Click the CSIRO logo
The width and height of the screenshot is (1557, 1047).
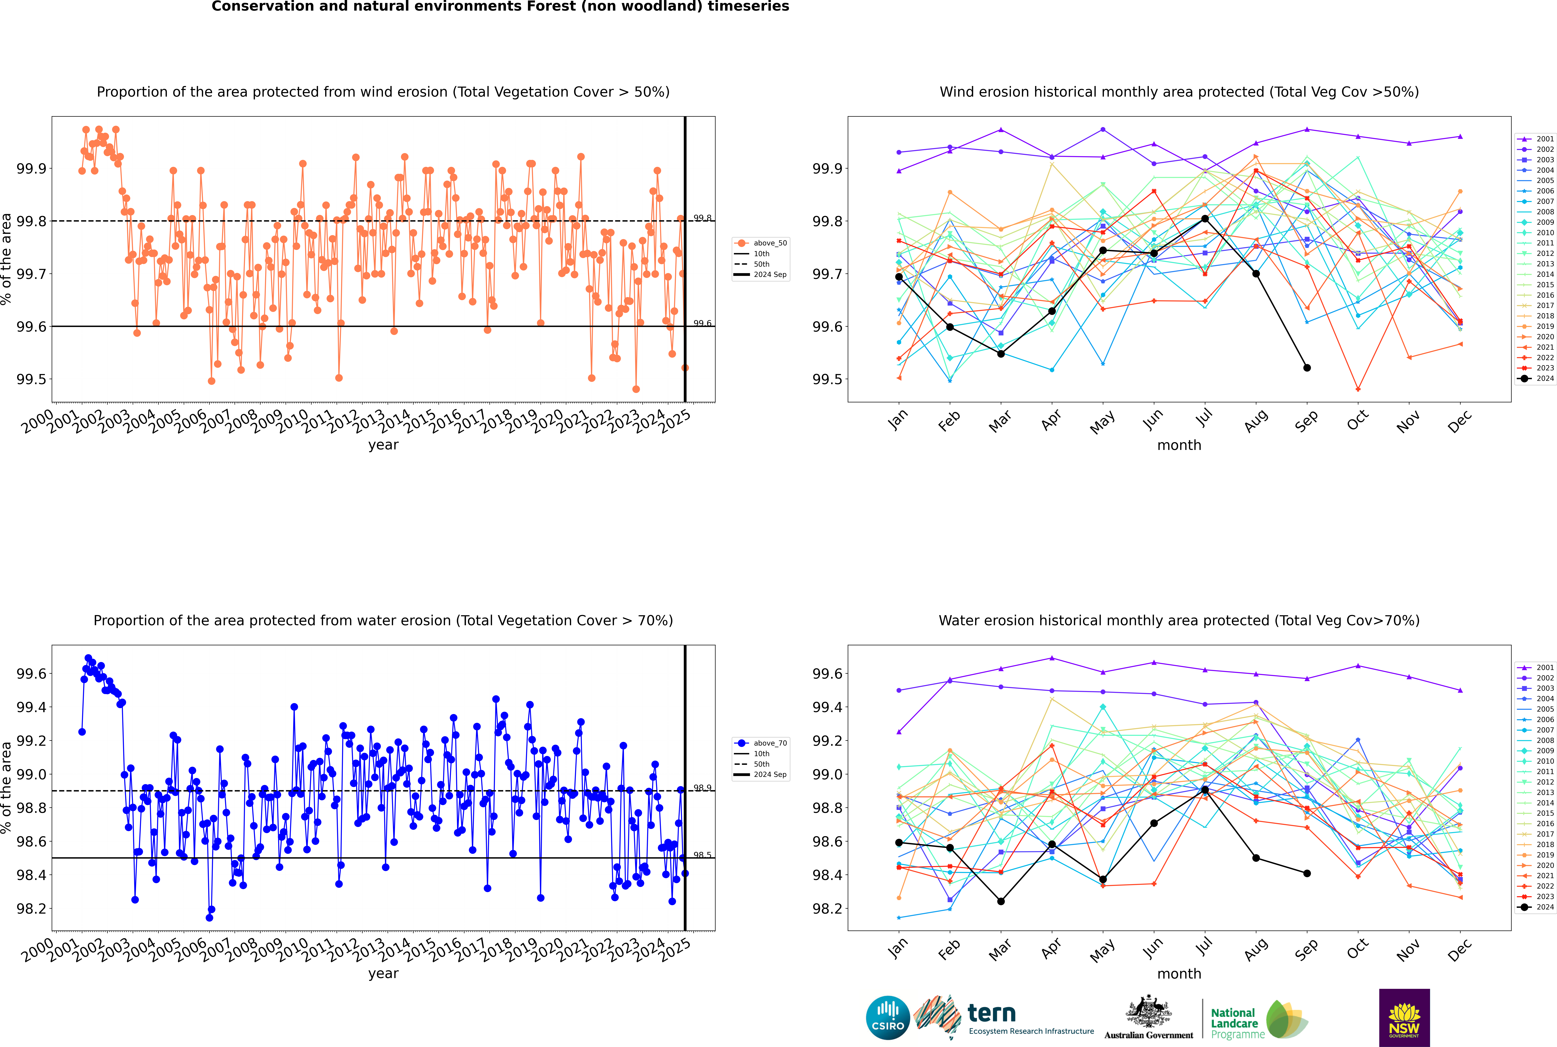[x=888, y=1018]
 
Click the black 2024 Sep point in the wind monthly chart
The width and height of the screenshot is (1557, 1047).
[x=1307, y=368]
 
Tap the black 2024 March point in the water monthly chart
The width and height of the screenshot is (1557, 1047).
[x=1000, y=902]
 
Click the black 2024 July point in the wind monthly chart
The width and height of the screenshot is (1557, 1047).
[x=1205, y=219]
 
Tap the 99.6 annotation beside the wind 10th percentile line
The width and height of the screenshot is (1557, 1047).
[x=702, y=323]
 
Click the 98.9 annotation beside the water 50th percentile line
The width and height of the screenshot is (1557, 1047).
[x=702, y=788]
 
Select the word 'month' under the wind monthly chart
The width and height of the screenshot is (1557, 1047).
[x=1179, y=445]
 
